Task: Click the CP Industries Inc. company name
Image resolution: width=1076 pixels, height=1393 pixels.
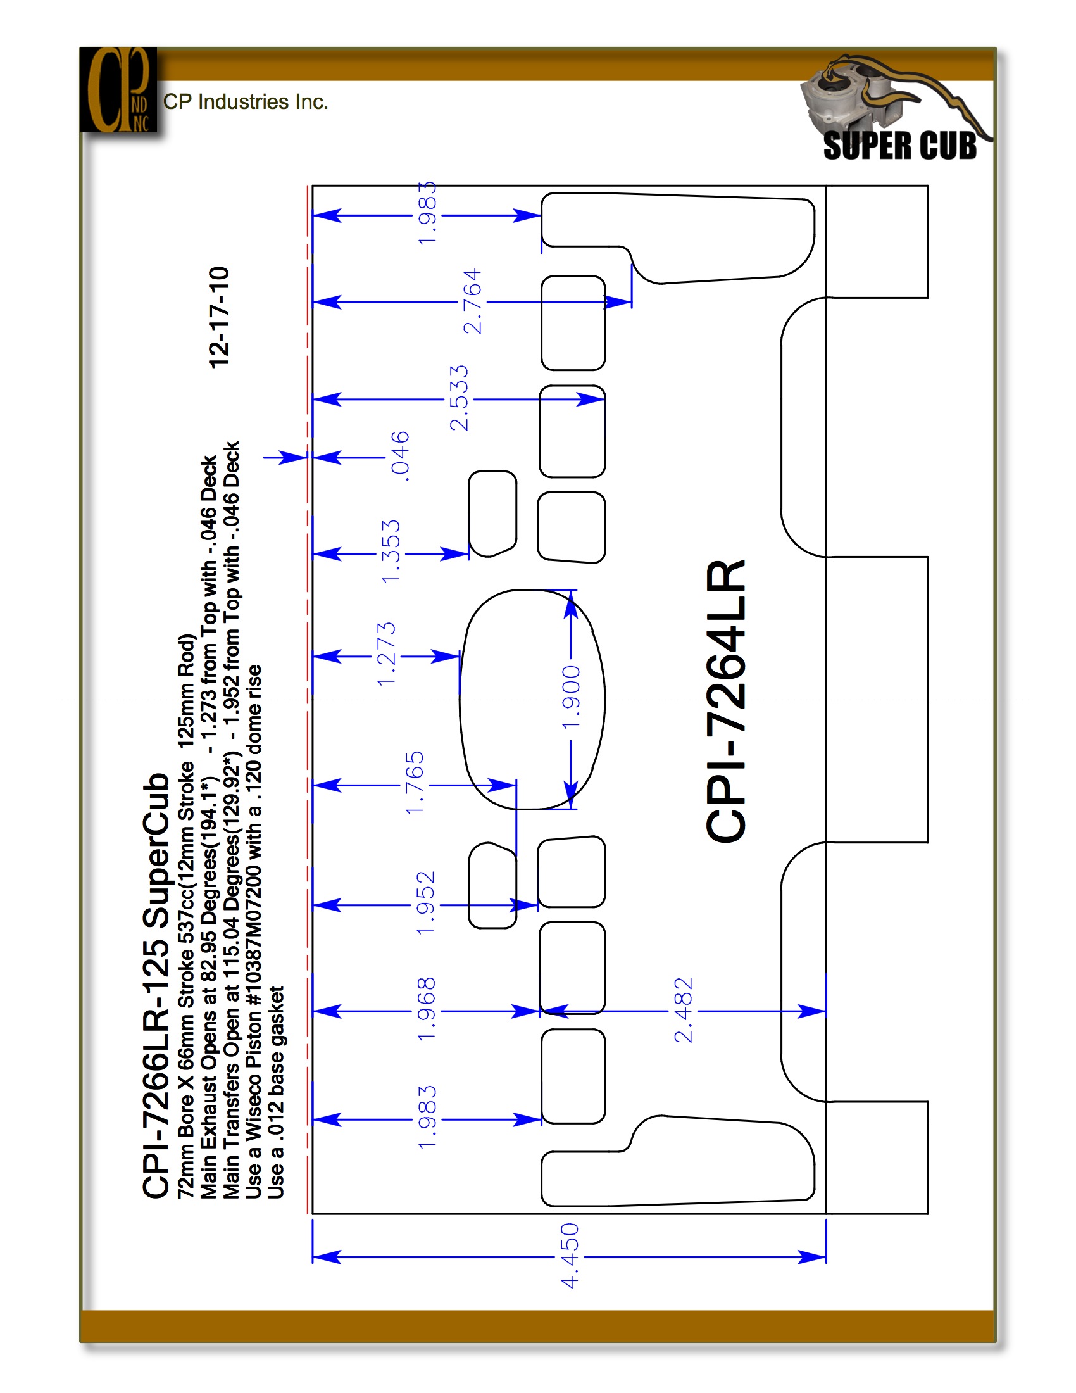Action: [246, 102]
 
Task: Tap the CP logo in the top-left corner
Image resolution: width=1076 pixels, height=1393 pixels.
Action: [118, 90]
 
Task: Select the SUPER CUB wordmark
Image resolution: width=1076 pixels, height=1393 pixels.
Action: [899, 146]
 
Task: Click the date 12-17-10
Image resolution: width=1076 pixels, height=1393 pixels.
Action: [219, 317]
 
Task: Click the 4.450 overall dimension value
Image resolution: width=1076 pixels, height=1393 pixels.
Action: [570, 1255]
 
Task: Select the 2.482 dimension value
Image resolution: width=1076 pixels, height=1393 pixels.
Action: [684, 1010]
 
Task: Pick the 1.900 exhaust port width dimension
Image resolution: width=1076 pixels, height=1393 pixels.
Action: [572, 696]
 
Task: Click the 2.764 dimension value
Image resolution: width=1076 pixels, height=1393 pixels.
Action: [472, 301]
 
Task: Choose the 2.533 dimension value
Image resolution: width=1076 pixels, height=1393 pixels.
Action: [459, 398]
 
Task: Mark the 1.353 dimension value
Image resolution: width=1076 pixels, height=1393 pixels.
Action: [391, 551]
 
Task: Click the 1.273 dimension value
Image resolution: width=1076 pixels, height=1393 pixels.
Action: [386, 655]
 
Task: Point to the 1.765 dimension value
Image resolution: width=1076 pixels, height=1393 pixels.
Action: [415, 783]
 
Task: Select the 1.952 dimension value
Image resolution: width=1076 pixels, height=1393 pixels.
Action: [426, 903]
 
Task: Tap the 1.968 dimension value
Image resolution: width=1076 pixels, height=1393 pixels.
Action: [426, 1009]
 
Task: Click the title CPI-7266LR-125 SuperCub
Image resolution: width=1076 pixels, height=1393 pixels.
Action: [156, 985]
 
